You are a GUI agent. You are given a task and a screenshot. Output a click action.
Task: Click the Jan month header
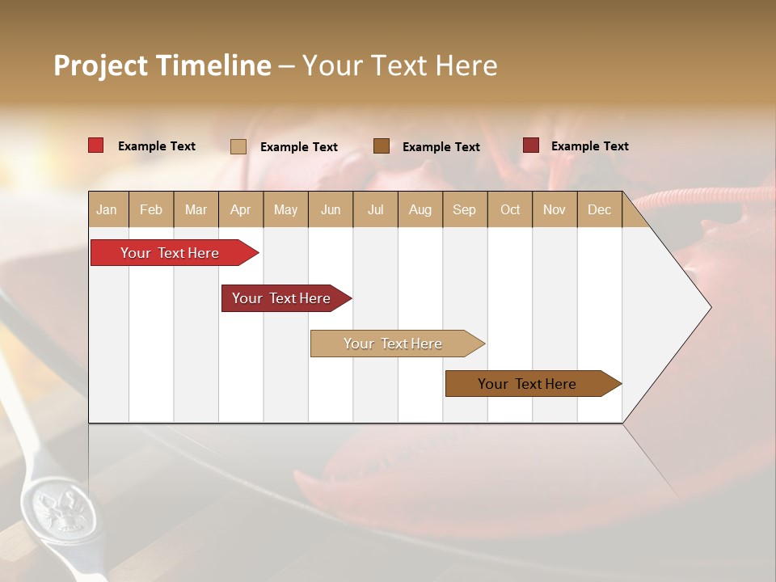click(107, 209)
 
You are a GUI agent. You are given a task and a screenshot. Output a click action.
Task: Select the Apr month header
click(241, 209)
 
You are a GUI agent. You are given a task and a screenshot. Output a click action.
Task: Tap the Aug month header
click(420, 209)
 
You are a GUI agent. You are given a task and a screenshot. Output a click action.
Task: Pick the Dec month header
click(599, 209)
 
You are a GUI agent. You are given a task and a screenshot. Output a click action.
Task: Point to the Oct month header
click(510, 209)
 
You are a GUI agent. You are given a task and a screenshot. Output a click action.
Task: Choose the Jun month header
click(331, 209)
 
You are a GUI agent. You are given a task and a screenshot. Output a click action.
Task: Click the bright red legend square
click(95, 145)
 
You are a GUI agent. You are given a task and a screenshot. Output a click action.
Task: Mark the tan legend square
click(238, 146)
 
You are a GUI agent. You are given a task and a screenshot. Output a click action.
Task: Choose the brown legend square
click(382, 145)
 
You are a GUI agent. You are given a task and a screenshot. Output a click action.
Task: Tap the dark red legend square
click(530, 145)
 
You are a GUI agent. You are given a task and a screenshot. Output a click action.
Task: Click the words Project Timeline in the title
click(162, 65)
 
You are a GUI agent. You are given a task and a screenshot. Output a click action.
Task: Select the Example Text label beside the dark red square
click(589, 146)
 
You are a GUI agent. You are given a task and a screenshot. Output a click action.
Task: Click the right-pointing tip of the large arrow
click(709, 307)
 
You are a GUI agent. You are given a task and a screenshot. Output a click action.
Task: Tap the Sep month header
click(464, 209)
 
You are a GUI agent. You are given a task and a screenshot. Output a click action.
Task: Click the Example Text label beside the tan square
click(298, 147)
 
